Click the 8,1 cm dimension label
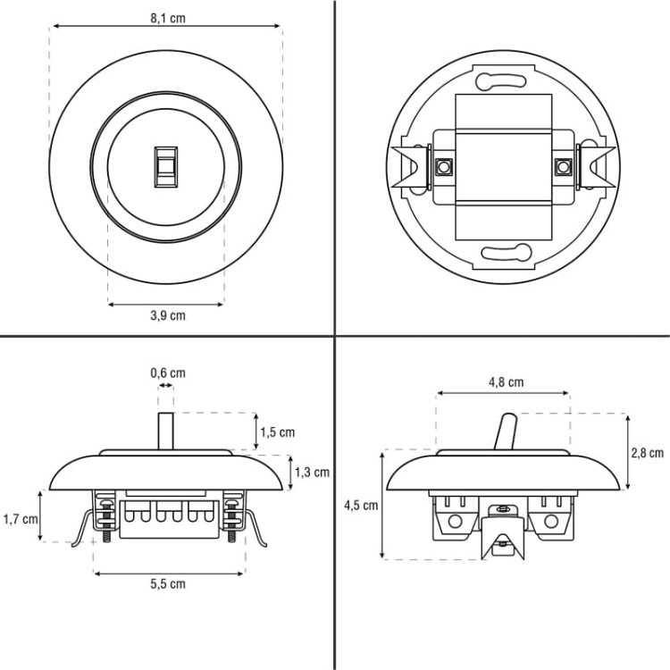[x=168, y=19]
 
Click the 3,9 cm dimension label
[x=168, y=315]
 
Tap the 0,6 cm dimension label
[x=168, y=373]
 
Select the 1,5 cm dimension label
[x=278, y=432]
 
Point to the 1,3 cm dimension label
[x=312, y=473]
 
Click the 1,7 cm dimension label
[x=21, y=519]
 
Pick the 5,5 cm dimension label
[x=168, y=584]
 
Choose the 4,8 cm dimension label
[x=506, y=382]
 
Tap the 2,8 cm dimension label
[x=648, y=453]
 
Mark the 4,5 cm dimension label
[x=361, y=506]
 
